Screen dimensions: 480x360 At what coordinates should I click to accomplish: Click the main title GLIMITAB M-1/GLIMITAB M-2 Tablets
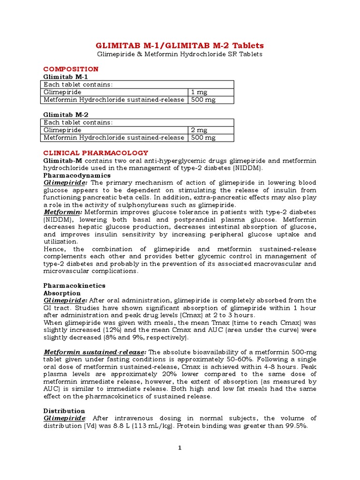(180, 45)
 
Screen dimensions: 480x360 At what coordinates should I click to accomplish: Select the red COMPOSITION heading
(71, 69)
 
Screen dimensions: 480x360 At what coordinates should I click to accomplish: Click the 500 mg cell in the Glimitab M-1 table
(203, 100)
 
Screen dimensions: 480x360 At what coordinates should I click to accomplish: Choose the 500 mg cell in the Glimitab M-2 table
(203, 137)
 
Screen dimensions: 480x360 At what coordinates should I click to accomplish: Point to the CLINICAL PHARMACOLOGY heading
(96, 153)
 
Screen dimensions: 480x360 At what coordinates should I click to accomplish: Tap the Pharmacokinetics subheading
(75, 285)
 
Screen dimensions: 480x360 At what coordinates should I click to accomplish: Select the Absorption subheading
(62, 293)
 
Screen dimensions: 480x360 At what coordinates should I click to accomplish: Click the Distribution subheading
(64, 411)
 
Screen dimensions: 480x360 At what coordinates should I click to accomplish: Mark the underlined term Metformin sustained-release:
(95, 352)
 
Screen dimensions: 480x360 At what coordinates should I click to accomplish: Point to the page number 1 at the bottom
(180, 448)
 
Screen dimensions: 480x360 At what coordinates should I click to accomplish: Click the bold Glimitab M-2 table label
(66, 114)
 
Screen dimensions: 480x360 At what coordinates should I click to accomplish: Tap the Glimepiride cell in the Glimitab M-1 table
(62, 92)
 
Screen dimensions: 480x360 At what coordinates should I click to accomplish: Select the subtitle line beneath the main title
(180, 54)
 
